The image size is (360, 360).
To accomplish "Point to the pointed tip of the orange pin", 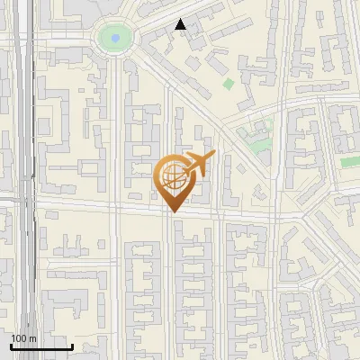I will [x=171, y=211].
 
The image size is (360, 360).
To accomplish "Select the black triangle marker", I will [x=180, y=25].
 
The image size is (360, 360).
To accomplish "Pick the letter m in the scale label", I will [x=32, y=338].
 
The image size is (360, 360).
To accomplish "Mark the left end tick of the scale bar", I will [x=11, y=346].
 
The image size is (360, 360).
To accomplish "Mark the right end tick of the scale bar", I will [x=72, y=346].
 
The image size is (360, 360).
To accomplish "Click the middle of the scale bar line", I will [x=41, y=347].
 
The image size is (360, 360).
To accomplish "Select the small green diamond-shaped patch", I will [x=229, y=84].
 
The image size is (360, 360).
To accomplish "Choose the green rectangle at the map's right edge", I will [x=350, y=162].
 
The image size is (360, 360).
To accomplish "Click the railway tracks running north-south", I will [x=28, y=180].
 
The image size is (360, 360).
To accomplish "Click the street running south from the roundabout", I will [x=115, y=135].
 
